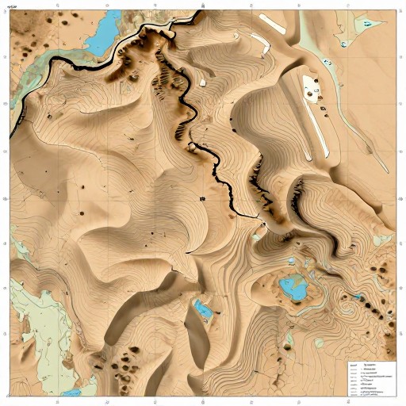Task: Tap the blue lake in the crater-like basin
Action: point(295,287)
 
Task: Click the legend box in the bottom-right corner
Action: point(371,379)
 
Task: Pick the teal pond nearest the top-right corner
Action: point(366,24)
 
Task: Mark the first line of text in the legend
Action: point(371,367)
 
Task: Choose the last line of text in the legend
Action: point(371,393)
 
